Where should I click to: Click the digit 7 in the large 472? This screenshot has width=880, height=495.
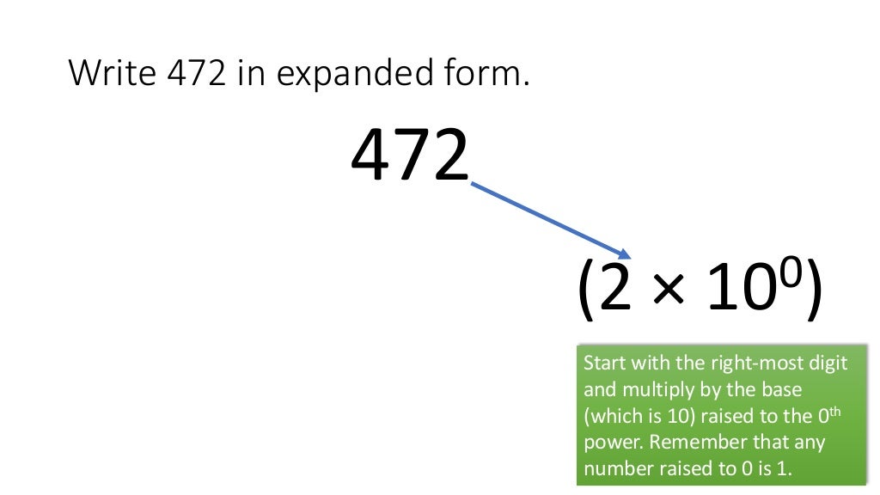pyautogui.click(x=410, y=156)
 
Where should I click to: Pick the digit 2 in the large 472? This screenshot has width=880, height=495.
pyautogui.click(x=449, y=156)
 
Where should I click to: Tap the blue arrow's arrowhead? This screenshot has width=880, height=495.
pyautogui.click(x=625, y=253)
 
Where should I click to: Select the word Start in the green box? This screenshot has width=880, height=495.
pyautogui.click(x=602, y=363)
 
